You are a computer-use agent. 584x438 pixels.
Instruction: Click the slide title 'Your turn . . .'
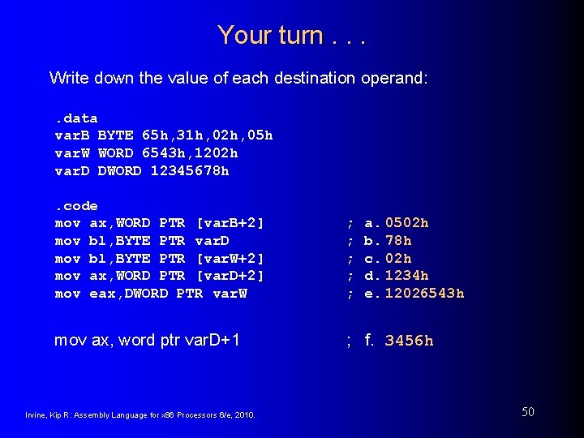click(x=291, y=35)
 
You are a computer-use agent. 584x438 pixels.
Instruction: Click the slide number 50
click(x=527, y=412)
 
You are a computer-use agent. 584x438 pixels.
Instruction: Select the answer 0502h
click(x=407, y=223)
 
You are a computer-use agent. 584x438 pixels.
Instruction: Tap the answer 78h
click(x=398, y=241)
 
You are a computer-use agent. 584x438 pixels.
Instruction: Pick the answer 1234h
click(x=407, y=276)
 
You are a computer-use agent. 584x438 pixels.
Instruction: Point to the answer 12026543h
click(x=424, y=294)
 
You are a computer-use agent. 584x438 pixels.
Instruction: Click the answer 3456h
click(x=409, y=341)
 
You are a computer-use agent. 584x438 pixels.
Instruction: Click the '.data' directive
click(x=75, y=118)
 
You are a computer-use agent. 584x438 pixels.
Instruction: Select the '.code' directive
click(x=75, y=206)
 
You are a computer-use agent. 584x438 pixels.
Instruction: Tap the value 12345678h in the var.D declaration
click(x=190, y=171)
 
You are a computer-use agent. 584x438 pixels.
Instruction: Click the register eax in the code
click(x=102, y=294)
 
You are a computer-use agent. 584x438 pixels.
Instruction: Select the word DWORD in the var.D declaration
click(x=119, y=171)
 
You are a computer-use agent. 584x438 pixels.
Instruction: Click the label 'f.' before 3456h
click(x=369, y=340)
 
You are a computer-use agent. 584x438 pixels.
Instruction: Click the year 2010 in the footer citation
click(x=244, y=416)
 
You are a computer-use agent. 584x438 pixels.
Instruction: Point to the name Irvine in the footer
click(x=37, y=416)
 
